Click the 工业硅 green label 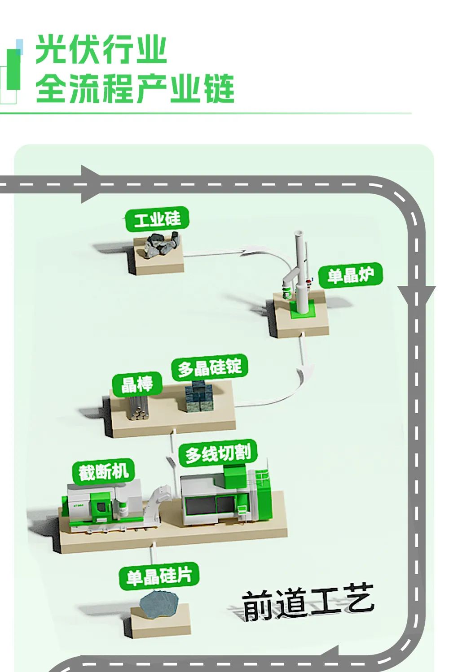[x=157, y=220]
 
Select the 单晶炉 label [x=350, y=275]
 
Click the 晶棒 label [x=137, y=384]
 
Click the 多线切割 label [x=218, y=454]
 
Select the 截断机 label [x=104, y=472]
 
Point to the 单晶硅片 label [x=159, y=576]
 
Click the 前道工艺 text [x=308, y=603]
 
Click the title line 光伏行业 [x=101, y=49]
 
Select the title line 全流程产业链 [x=135, y=88]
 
